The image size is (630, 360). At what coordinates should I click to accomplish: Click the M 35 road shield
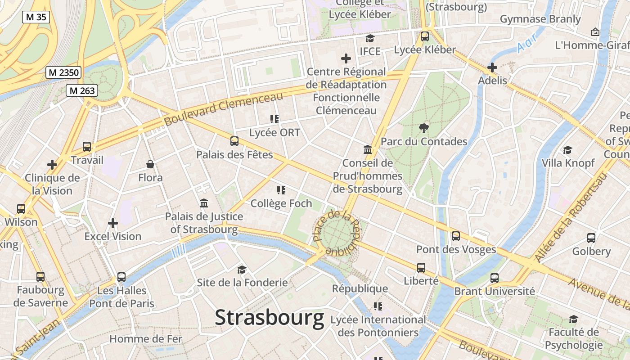pos(36,17)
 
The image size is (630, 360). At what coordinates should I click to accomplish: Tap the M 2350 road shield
pos(63,72)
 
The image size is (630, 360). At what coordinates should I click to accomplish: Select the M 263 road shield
pos(81,90)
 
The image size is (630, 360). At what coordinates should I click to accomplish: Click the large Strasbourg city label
pos(269,318)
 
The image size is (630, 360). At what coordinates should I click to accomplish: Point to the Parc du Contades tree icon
pos(423,128)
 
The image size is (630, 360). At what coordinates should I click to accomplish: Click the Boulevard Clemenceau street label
pos(223,108)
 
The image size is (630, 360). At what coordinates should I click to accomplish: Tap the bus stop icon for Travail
pos(87,147)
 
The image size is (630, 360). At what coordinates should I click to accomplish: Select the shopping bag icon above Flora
pos(150,165)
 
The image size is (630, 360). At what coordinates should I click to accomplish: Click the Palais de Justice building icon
pos(204,203)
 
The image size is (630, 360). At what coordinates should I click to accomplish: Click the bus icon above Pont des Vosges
pos(456,236)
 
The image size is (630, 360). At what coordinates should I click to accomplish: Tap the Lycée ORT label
pos(274,133)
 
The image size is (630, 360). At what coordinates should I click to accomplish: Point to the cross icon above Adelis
pos(492,67)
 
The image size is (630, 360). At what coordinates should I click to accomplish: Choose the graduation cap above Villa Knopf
pos(568,150)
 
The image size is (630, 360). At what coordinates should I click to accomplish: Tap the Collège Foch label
pos(281,203)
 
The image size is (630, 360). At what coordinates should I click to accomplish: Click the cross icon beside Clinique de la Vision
pos(52,165)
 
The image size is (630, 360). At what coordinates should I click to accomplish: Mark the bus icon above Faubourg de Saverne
pos(40,276)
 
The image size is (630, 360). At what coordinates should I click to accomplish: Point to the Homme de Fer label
pos(146,339)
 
